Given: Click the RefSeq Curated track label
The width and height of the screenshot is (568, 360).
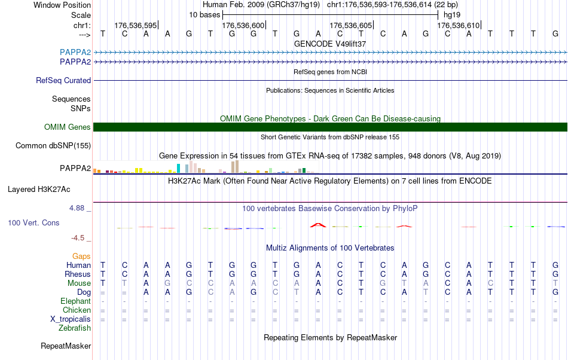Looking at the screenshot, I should pos(63,81).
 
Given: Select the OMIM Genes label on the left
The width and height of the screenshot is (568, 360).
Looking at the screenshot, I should pos(68,127).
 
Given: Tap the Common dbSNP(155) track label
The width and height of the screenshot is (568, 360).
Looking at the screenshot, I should pos(53,145).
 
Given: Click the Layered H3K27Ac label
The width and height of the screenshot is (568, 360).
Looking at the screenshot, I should pos(39,190).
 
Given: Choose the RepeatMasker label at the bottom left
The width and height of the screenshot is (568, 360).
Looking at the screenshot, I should pos(66,346).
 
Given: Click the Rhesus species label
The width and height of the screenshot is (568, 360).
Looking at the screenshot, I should pos(78,274).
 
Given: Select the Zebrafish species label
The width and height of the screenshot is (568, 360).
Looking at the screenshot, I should pos(75,328).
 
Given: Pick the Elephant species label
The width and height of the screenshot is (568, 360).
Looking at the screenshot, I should pos(75,301).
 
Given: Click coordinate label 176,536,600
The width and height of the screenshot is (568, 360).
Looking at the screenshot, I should pos(243,25).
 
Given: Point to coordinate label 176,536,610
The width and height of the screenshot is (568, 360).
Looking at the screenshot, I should pos(458,25).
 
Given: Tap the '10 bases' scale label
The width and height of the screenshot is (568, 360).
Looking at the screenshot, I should pos(204,14).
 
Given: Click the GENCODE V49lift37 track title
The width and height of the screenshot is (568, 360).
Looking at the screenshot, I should pos(330,44).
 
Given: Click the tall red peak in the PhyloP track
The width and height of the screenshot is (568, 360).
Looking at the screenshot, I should pos(317,225).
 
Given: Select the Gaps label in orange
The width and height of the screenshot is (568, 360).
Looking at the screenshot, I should pos(81,256).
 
